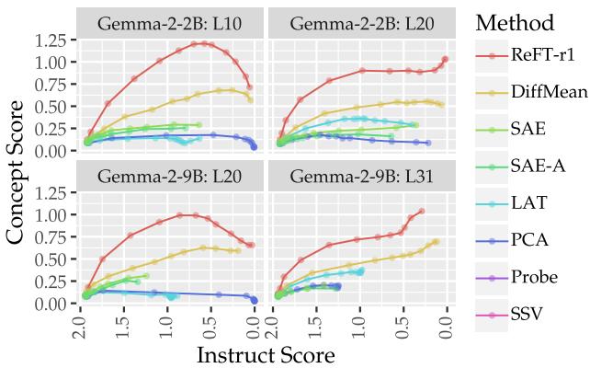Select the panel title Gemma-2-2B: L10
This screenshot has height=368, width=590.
pos(172,23)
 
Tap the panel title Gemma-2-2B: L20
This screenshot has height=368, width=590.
pos(358,23)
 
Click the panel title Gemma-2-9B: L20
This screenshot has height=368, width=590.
pos(172,176)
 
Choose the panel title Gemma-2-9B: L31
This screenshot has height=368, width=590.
pos(358,176)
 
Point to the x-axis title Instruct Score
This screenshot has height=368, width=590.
pos(265,353)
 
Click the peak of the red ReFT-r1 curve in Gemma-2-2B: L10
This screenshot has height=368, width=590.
pos(197,43)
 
